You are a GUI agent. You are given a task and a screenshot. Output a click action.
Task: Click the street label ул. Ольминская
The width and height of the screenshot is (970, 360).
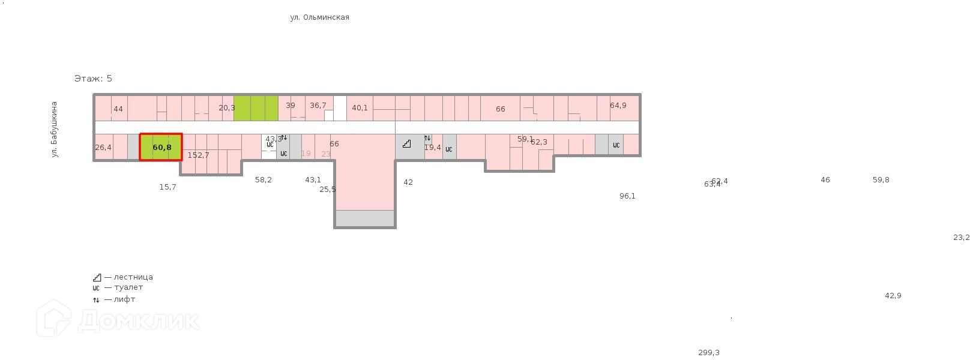[319, 17]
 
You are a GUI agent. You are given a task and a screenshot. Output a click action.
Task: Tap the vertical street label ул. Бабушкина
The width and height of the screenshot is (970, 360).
[55, 130]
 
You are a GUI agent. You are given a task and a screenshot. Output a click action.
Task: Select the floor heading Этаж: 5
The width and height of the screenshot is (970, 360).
[93, 79]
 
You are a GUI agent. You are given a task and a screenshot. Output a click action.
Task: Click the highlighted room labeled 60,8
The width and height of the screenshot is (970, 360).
[161, 148]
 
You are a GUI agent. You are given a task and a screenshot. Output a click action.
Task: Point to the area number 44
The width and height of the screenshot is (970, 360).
[118, 109]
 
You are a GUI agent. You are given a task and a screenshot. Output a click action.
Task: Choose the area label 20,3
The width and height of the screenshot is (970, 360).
[227, 108]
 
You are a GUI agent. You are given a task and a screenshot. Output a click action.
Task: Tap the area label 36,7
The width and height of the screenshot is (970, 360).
[318, 106]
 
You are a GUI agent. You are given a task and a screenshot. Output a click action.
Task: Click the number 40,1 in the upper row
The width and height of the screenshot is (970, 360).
[360, 108]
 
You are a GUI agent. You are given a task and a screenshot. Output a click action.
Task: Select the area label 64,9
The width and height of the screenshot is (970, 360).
[618, 106]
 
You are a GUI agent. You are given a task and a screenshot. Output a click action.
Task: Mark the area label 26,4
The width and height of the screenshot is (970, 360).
[103, 148]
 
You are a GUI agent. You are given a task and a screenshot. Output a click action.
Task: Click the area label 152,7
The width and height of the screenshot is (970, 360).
[199, 155]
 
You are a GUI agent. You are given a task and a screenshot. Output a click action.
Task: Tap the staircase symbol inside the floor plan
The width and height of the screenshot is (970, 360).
[407, 144]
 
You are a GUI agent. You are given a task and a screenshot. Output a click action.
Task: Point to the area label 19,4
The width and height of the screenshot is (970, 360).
[432, 148]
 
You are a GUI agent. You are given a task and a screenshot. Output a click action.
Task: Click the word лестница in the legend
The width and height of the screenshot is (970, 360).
[133, 277]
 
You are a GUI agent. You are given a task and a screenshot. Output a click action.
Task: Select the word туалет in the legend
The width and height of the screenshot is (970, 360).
[128, 287]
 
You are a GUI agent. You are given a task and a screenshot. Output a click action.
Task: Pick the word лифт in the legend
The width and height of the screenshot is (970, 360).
[124, 299]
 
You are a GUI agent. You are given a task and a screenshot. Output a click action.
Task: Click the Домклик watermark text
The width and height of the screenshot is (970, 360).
[138, 320]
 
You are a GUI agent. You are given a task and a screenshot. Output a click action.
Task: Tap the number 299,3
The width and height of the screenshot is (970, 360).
[708, 353]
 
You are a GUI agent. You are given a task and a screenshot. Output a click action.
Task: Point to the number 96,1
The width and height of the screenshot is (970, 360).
[627, 196]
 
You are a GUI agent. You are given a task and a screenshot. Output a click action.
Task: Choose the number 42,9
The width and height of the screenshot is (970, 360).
[893, 296]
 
